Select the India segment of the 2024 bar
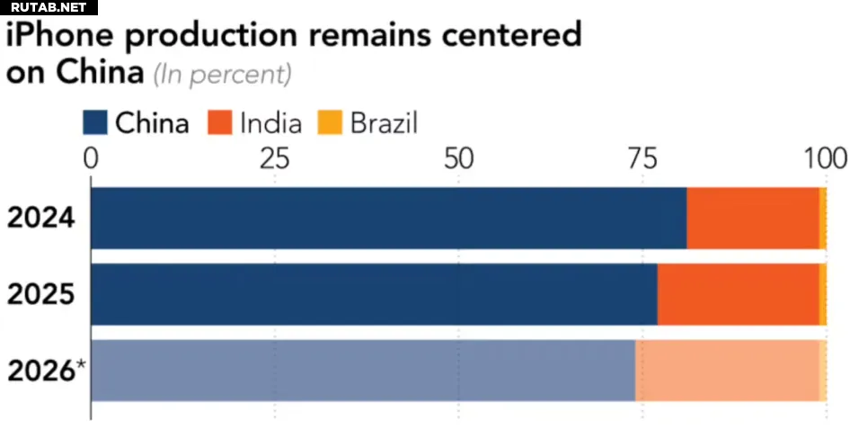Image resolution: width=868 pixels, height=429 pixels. (753, 218)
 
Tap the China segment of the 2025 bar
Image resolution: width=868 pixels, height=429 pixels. (374, 294)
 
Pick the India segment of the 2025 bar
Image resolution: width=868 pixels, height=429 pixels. (738, 294)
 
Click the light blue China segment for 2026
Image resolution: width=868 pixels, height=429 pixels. (363, 370)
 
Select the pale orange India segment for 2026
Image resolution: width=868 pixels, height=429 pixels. (727, 370)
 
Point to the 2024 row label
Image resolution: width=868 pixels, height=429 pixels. (40, 218)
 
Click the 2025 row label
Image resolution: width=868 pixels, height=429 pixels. (40, 294)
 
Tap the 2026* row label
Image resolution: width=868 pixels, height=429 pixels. (46, 370)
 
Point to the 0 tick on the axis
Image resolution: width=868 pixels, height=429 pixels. (91, 159)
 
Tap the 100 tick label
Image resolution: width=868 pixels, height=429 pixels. (824, 159)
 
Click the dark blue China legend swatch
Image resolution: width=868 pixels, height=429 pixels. (94, 122)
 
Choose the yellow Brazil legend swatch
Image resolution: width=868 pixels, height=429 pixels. (329, 122)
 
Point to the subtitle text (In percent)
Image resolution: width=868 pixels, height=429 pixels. (222, 75)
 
